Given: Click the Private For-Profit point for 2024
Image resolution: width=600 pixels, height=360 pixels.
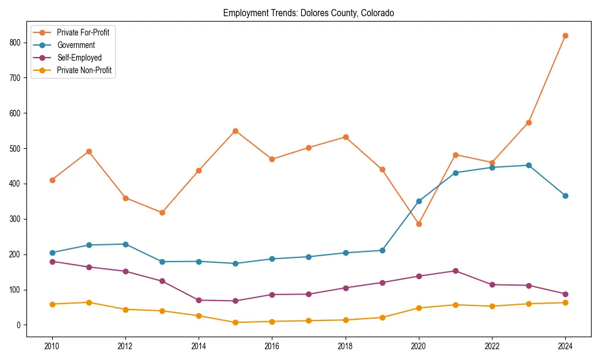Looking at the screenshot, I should [x=565, y=35].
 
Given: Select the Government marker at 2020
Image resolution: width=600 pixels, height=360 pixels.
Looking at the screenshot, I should [x=419, y=201].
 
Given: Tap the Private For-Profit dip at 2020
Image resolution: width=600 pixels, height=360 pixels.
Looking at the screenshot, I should [x=419, y=224].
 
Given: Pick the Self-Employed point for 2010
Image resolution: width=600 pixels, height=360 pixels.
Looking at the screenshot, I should [x=52, y=262].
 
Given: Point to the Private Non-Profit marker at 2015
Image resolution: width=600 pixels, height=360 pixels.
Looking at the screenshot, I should [x=235, y=322].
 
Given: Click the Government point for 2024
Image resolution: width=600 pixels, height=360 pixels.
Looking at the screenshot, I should [x=565, y=196].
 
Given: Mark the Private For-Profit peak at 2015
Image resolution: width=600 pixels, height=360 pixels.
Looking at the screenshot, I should [x=235, y=131].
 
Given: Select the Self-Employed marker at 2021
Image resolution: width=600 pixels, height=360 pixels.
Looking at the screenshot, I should [x=455, y=271].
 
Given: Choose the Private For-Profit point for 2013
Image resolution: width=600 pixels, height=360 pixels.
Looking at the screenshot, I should [x=162, y=212].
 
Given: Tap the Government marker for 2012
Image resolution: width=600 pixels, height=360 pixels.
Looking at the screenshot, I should [x=125, y=244].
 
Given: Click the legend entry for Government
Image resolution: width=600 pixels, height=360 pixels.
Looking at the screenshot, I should [x=76, y=45].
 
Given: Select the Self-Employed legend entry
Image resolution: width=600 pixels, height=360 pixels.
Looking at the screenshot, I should [x=79, y=58].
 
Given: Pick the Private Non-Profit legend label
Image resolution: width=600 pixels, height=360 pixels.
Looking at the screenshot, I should [x=84, y=70].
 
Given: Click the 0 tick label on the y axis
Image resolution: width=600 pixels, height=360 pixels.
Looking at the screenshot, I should [x=20, y=325].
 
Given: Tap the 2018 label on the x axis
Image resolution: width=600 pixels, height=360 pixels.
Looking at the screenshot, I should [x=345, y=346].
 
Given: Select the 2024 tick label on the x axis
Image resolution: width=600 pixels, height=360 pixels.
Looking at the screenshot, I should [x=565, y=346].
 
